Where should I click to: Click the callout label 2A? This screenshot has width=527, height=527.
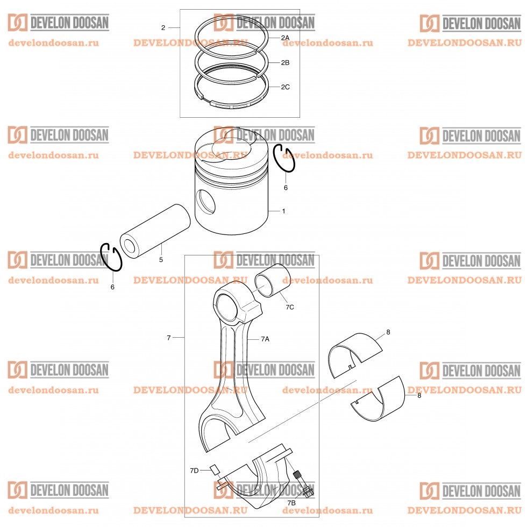285,38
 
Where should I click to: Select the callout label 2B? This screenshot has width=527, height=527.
285,62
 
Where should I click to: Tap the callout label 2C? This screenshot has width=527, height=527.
285,87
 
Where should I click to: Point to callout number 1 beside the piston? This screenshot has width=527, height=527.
284,211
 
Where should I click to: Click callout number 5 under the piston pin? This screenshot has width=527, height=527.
161,259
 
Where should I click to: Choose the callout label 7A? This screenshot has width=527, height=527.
265,339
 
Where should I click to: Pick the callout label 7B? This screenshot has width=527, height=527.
291,503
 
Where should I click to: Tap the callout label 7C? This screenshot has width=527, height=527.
290,307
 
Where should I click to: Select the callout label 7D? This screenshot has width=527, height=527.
194,471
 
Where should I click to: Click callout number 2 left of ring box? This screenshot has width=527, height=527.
163,27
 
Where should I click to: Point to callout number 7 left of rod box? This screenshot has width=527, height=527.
169,338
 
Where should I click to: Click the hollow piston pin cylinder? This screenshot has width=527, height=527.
155,231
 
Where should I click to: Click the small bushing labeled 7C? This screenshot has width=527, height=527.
270,280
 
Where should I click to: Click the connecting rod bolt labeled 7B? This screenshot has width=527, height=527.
303,483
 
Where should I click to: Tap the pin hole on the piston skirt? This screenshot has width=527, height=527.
205,202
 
